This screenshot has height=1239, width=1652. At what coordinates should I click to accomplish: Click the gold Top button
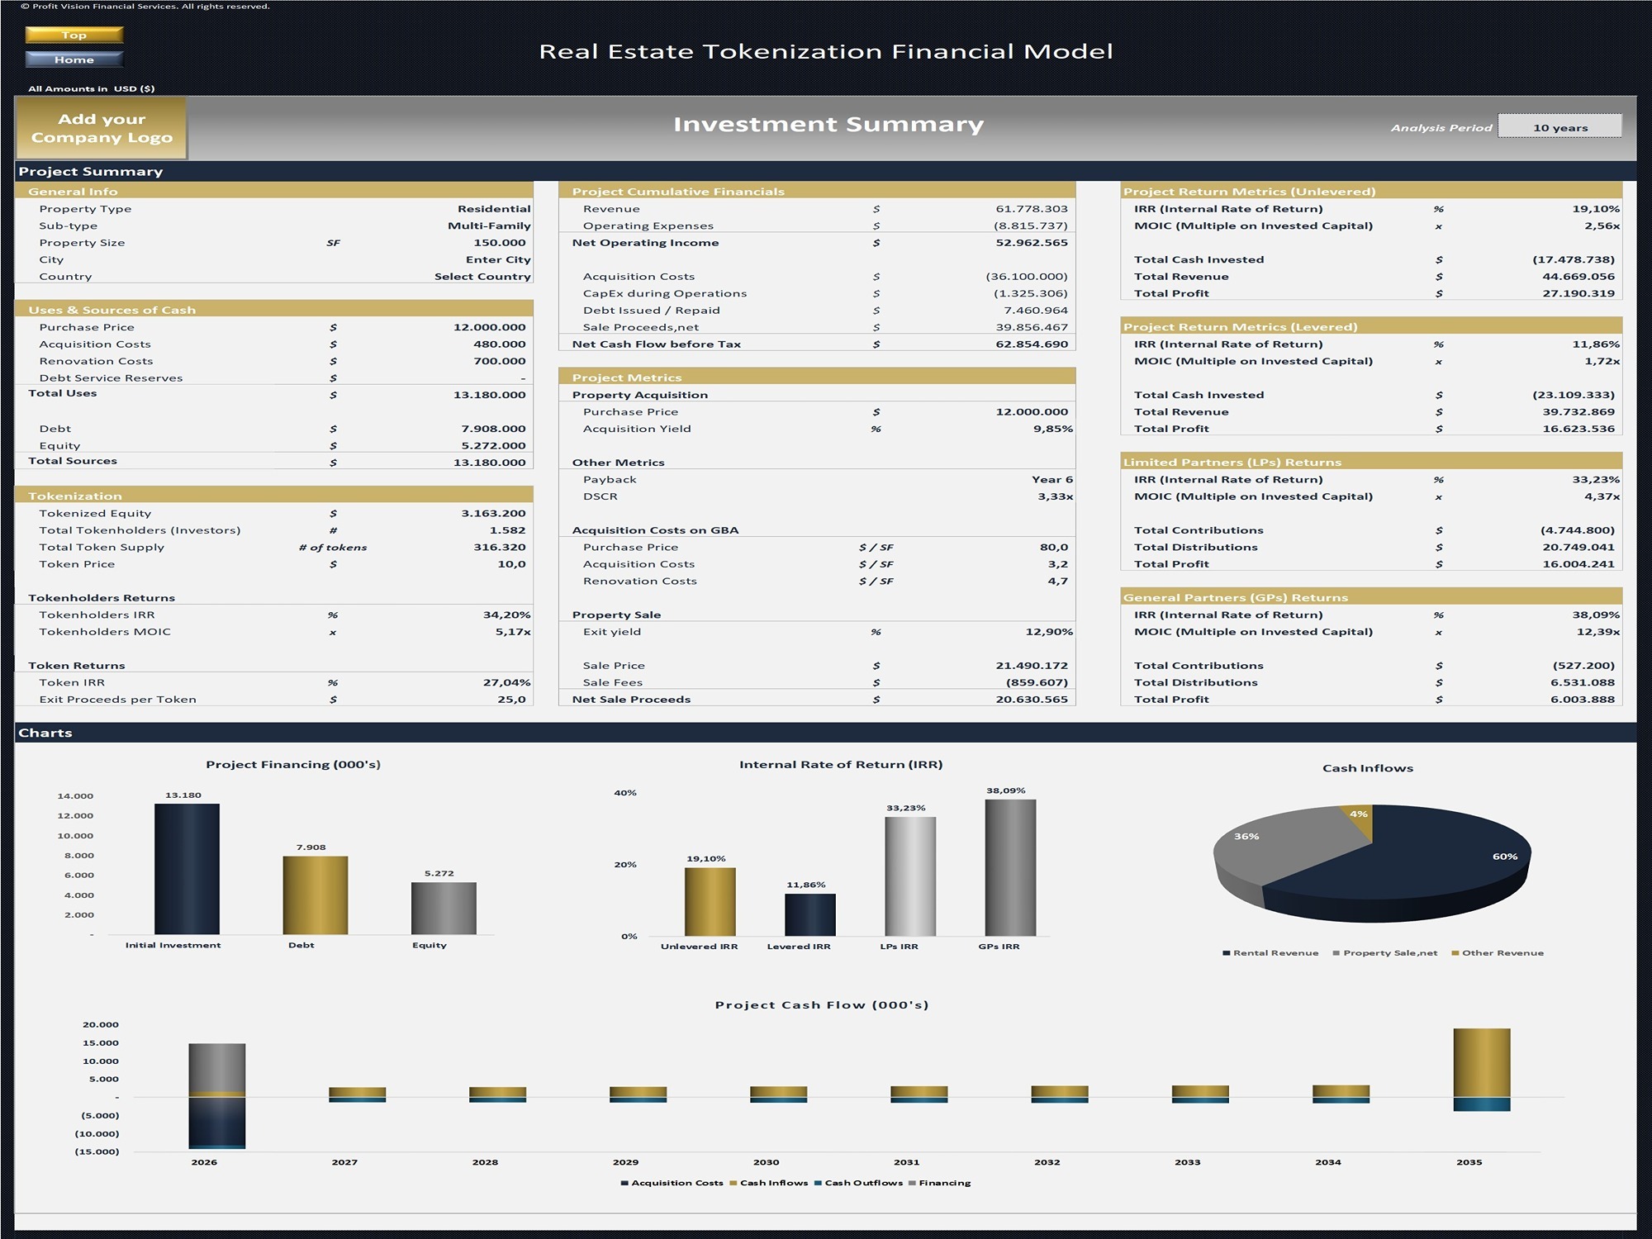74,35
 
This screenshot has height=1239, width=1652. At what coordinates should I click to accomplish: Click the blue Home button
74,59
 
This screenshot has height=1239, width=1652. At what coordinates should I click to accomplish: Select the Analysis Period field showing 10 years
1559,127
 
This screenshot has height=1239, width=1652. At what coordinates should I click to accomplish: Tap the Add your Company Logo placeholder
102,128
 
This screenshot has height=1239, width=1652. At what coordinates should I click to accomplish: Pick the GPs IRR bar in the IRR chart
1009,867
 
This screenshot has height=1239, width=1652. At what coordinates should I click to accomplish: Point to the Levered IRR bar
809,914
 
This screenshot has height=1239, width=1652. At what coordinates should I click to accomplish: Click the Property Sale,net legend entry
1389,953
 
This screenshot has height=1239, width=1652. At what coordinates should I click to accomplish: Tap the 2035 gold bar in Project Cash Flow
1481,1062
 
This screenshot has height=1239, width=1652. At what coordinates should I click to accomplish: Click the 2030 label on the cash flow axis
766,1162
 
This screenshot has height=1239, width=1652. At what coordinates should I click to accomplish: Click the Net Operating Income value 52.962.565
1031,243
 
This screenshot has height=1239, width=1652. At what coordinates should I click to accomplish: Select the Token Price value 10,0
511,564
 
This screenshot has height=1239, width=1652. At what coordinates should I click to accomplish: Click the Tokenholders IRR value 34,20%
506,615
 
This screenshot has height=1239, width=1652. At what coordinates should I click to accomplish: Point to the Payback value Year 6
1051,479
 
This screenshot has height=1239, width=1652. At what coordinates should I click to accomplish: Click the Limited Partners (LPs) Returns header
1232,462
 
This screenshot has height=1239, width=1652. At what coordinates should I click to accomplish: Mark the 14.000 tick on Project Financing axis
75,796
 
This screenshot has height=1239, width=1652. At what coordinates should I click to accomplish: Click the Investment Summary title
828,125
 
